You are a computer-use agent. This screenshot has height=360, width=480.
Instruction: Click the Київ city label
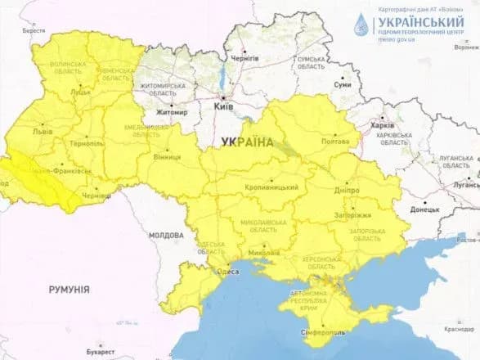pos(223,106)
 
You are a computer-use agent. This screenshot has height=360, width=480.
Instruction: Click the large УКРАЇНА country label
pos(247,142)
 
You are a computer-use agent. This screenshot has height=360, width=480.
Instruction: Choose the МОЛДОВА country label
pos(166,235)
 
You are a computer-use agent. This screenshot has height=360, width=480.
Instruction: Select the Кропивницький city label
pos(271,187)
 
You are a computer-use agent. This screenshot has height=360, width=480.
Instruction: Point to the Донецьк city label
pos(424,209)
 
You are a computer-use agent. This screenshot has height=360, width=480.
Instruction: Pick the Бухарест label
pos(98,352)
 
